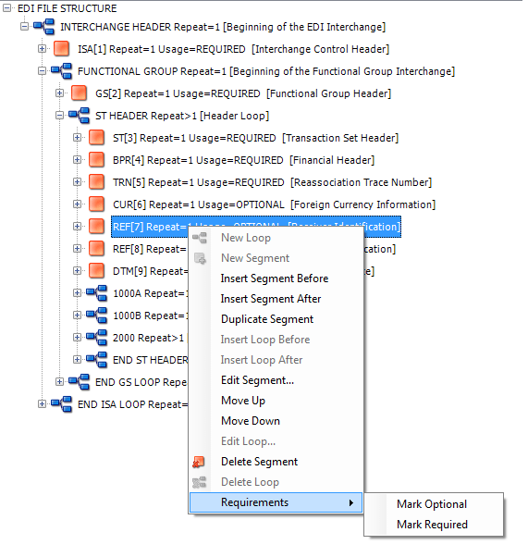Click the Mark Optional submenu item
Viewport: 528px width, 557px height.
pos(432,504)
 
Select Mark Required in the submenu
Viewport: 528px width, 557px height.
pos(432,525)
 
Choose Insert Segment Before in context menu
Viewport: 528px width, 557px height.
pos(274,278)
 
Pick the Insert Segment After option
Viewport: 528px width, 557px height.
pos(271,299)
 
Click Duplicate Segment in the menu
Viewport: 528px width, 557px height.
pos(267,319)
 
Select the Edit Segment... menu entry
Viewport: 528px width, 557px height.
pos(257,380)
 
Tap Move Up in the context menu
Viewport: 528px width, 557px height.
pos(242,401)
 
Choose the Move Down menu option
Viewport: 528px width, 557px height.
pos(250,421)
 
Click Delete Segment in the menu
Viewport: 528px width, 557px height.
pos(259,462)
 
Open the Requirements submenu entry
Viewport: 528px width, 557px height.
pos(254,502)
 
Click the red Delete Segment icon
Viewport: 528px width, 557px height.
pos(199,462)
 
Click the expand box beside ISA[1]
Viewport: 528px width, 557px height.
pos(43,49)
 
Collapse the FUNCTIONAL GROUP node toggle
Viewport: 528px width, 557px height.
pos(43,71)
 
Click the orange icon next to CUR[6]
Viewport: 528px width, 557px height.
pos(97,204)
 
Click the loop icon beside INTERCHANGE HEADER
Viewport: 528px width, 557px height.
pos(44,27)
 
